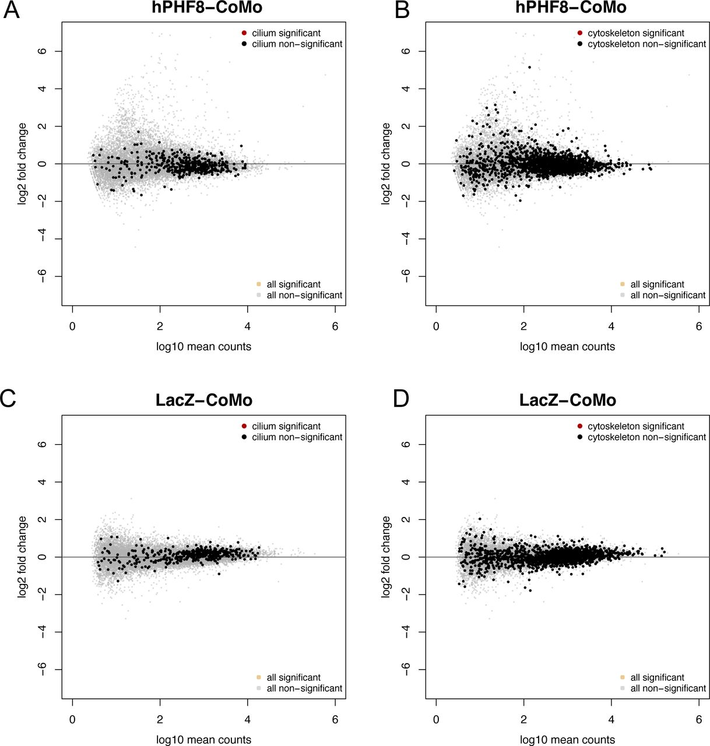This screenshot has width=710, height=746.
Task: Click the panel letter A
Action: coord(12,10)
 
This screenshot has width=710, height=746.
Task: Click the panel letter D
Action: coord(402,399)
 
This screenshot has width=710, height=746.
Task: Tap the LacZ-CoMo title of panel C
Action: coord(203,400)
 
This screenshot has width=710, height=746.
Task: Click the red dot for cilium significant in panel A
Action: coord(244,33)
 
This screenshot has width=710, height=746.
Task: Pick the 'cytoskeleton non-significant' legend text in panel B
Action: coord(646,44)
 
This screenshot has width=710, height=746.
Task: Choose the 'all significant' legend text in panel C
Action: coord(293,678)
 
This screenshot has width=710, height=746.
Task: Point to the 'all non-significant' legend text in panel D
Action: coord(668,688)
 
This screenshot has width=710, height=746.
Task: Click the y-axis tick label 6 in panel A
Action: coord(42,51)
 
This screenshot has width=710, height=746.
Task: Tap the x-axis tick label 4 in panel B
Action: coord(611,326)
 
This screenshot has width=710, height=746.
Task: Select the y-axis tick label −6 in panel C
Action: coord(42,670)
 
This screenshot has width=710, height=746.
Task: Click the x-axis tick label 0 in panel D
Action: coord(436,719)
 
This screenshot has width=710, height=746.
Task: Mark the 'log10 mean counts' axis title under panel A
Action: coord(203,347)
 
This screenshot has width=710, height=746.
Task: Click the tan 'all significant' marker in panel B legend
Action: coord(623,284)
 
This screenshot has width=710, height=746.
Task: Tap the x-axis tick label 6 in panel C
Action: coord(335,719)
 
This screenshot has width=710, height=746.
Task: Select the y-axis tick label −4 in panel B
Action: coord(406,239)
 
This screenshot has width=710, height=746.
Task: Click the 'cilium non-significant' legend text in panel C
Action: coord(297,437)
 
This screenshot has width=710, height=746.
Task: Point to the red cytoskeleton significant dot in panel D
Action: coord(580,427)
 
